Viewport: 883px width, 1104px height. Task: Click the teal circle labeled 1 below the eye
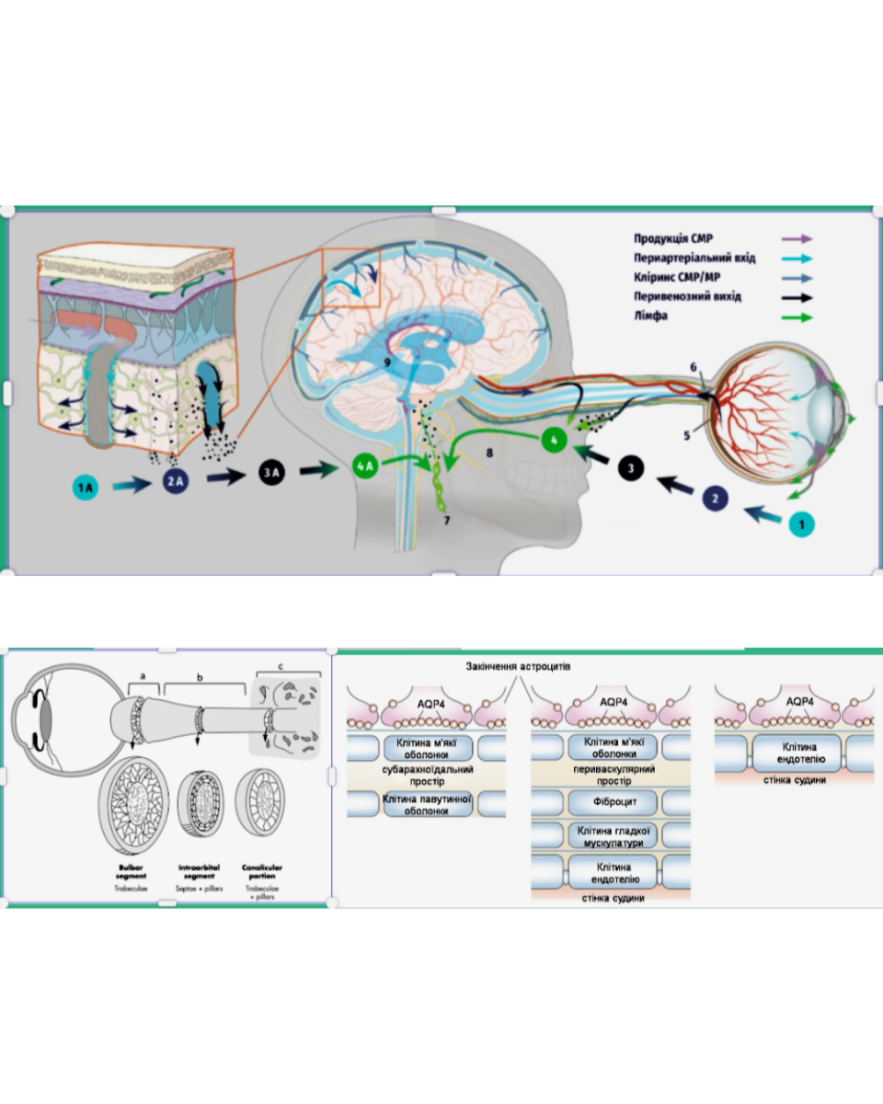pos(801,523)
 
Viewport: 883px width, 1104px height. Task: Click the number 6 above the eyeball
pos(694,366)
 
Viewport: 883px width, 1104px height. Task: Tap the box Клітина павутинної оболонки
pos(427,805)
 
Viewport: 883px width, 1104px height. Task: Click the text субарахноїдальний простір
pos(427,774)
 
